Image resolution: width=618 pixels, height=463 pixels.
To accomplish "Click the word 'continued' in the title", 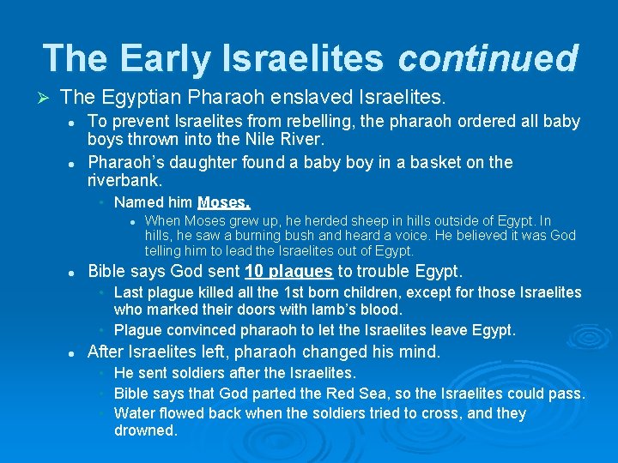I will pyautogui.click(x=488, y=58).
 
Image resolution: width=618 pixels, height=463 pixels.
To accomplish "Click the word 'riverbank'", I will pyautogui.click(x=123, y=180).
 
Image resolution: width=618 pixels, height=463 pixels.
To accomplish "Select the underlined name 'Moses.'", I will pyautogui.click(x=224, y=203).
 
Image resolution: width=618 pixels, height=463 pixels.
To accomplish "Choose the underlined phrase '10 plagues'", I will pyautogui.click(x=288, y=272).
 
